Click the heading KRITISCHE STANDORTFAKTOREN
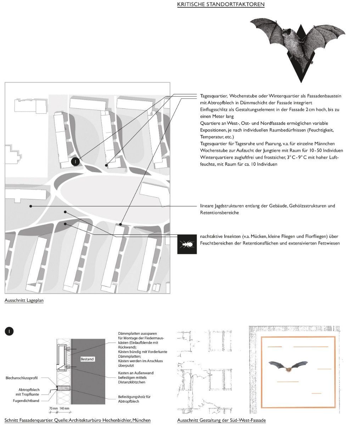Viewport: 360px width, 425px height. coord(221,4)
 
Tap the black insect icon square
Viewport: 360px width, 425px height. coord(186,244)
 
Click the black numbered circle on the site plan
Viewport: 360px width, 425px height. coord(75,161)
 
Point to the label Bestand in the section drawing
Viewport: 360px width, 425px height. coord(87,359)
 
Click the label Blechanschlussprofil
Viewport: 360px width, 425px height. coord(22,378)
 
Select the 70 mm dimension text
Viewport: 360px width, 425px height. coord(53,408)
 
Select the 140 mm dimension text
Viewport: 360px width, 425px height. coord(64,408)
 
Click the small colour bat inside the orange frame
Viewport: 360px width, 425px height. coord(288,367)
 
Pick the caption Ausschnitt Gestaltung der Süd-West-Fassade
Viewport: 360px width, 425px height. coord(221,420)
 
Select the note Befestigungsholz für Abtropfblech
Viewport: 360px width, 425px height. coord(134,399)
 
